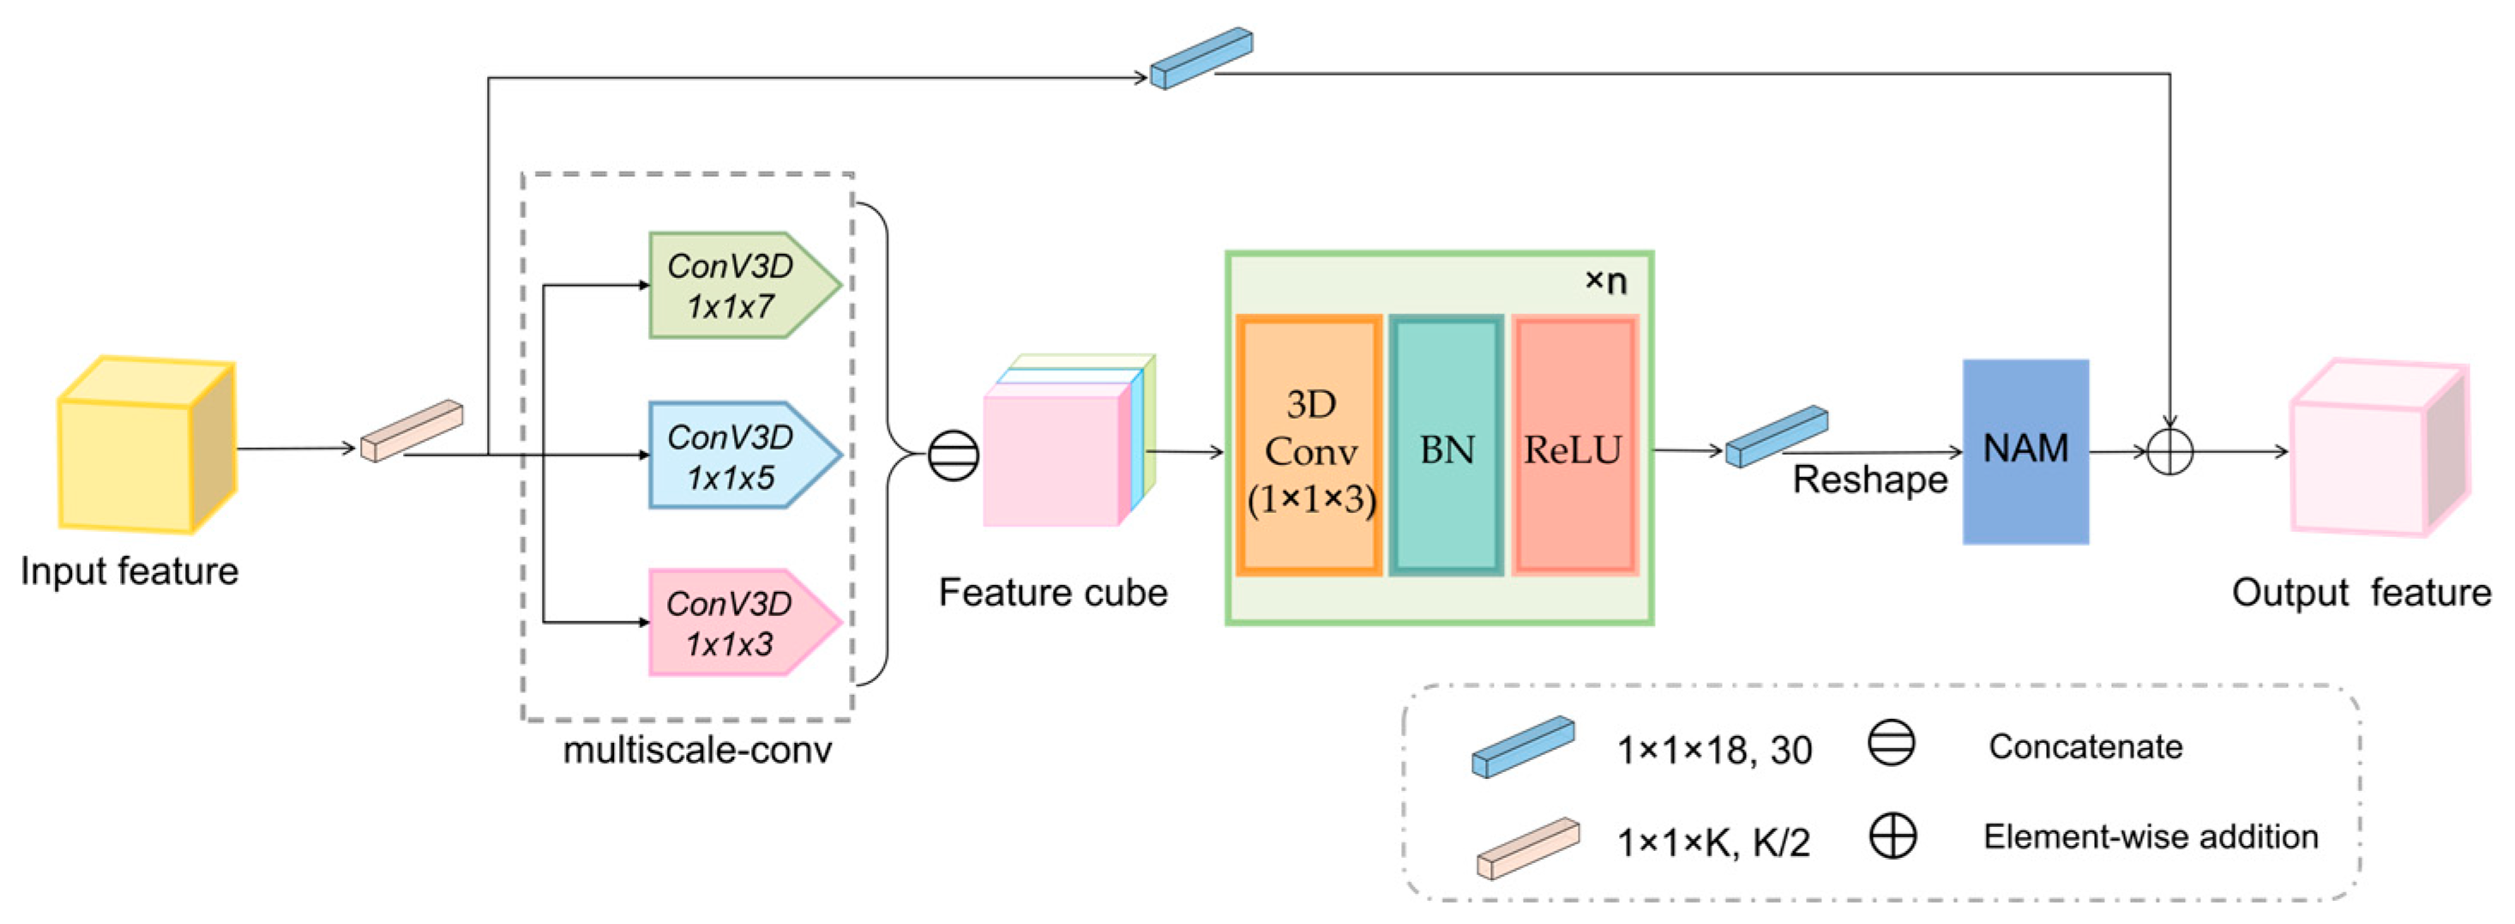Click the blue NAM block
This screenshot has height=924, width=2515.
(2026, 450)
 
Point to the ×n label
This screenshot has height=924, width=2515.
(1605, 281)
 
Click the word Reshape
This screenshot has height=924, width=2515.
(1869, 480)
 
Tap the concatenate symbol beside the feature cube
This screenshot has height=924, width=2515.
(953, 456)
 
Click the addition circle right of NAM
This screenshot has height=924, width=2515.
(2170, 451)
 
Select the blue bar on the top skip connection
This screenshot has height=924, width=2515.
(1200, 58)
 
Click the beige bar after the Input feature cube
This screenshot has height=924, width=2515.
(411, 431)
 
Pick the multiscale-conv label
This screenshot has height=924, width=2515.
(697, 750)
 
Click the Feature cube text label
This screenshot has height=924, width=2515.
(1052, 593)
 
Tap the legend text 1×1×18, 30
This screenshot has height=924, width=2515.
(1714, 750)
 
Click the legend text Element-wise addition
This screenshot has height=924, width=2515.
(2151, 837)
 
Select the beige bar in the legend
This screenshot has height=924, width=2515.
(1527, 848)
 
